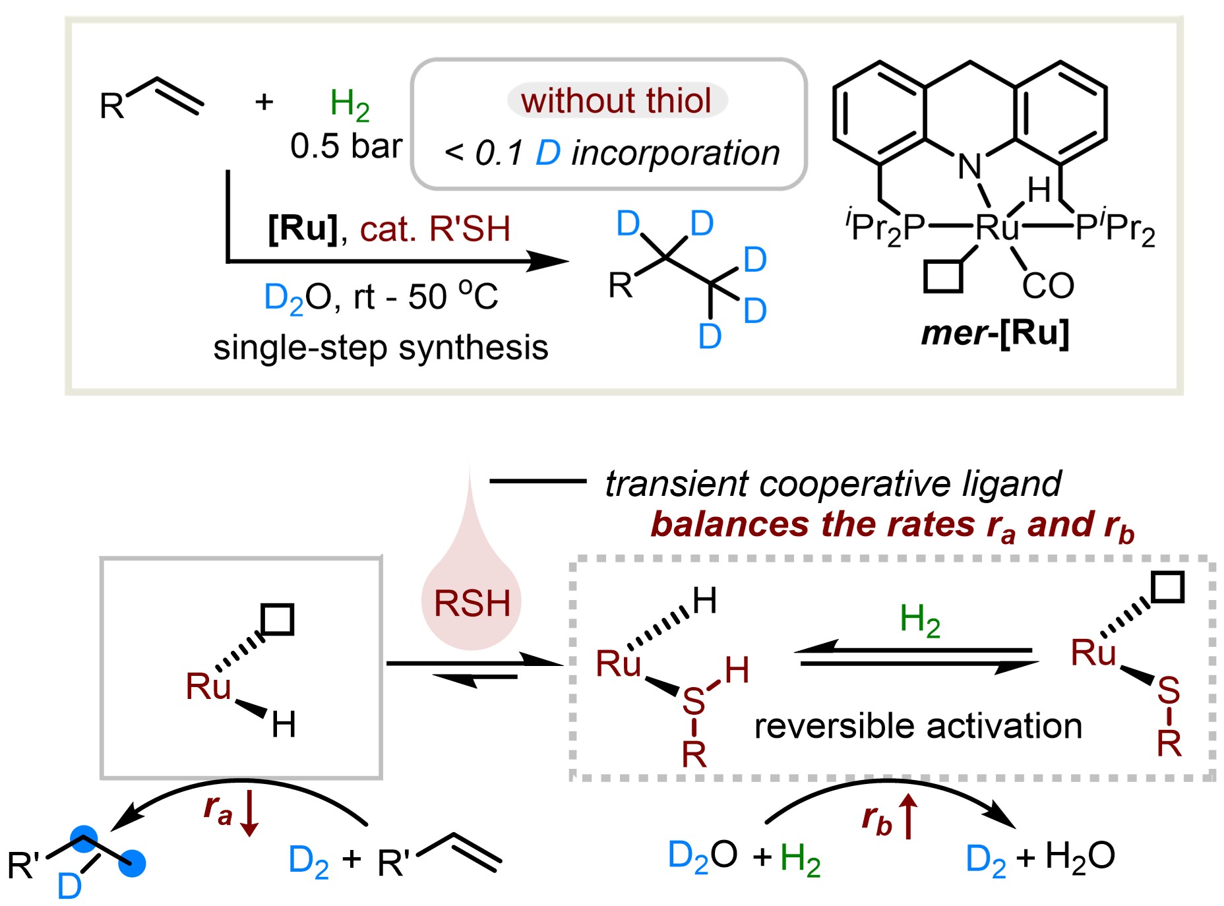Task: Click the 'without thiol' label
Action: pyautogui.click(x=616, y=101)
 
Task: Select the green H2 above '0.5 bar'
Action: pyautogui.click(x=350, y=105)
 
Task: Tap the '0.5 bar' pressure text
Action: pyautogui.click(x=346, y=146)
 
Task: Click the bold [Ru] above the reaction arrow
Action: pyautogui.click(x=303, y=228)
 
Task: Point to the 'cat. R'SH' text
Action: pyautogui.click(x=435, y=229)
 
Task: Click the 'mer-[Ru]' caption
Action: pyautogui.click(x=995, y=334)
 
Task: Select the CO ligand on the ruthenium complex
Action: pyautogui.click(x=1048, y=286)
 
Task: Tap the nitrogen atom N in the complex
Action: pyautogui.click(x=969, y=166)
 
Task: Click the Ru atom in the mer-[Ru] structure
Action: pyautogui.click(x=997, y=227)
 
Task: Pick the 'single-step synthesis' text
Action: pyautogui.click(x=381, y=347)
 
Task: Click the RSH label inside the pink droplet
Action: pyautogui.click(x=472, y=603)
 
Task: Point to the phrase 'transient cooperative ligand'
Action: pyautogui.click(x=833, y=484)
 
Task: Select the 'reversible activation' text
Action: pyautogui.click(x=918, y=726)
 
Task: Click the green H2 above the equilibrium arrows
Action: pyautogui.click(x=920, y=621)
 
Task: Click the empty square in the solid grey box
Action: pyautogui.click(x=278, y=619)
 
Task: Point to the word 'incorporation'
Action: pyautogui.click(x=675, y=153)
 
